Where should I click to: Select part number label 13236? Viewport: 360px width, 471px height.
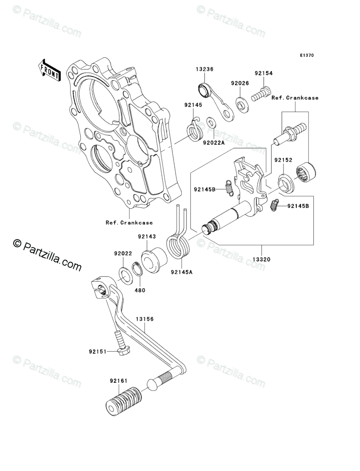pos(205,69)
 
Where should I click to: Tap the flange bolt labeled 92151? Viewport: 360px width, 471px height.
pos(120,343)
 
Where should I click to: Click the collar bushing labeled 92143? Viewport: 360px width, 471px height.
pos(153,261)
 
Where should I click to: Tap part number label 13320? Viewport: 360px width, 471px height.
pos(261,259)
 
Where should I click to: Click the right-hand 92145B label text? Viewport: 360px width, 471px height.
pos(298,206)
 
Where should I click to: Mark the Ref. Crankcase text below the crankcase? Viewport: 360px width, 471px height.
pos(129,223)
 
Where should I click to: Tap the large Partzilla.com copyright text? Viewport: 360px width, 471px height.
pos(47,255)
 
